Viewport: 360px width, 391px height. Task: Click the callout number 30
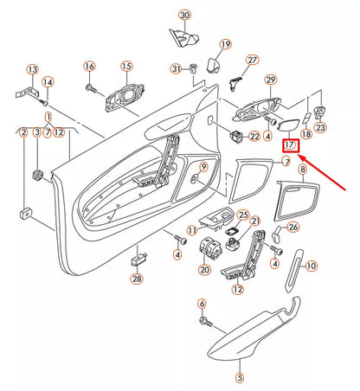[x=184, y=16]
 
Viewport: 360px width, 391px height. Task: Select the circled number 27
[x=253, y=60]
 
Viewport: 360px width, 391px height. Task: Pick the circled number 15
[x=126, y=66]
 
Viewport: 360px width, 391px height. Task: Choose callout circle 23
[x=321, y=127]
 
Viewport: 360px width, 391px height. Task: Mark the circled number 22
[x=254, y=137]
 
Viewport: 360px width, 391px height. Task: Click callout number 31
[x=176, y=68]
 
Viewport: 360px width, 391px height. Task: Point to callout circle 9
[x=203, y=166]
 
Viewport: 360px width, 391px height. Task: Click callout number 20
[x=204, y=269]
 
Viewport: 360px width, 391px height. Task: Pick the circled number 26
[x=292, y=227]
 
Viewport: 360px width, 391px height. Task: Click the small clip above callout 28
[x=137, y=260]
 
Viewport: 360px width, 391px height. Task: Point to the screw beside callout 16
[x=89, y=86]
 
